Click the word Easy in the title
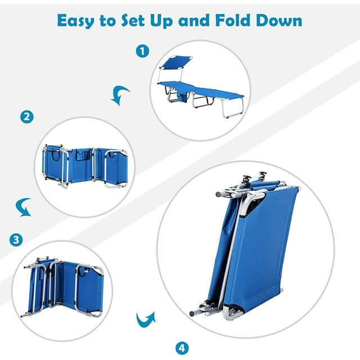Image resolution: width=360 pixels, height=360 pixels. [76, 21]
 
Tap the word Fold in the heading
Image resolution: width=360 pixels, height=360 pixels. [232, 20]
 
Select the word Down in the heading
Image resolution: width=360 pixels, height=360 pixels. [279, 20]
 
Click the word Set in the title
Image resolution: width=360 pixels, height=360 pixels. [133, 20]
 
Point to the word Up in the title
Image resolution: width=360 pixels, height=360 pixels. [161, 21]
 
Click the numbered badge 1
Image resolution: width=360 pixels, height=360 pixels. [142, 51]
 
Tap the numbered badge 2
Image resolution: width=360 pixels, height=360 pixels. [27, 117]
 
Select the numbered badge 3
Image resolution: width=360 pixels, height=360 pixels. [16, 240]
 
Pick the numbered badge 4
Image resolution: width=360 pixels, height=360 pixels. [182, 348]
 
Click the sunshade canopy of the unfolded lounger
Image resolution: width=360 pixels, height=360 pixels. [176, 61]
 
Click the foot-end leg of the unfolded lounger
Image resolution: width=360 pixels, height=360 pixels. [232, 107]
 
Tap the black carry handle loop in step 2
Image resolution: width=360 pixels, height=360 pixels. [56, 155]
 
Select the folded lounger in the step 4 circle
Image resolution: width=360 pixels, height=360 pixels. [245, 245]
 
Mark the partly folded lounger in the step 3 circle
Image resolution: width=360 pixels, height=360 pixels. [64, 287]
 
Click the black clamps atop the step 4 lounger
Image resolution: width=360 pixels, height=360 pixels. [254, 177]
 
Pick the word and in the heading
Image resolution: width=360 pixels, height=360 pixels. [194, 20]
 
